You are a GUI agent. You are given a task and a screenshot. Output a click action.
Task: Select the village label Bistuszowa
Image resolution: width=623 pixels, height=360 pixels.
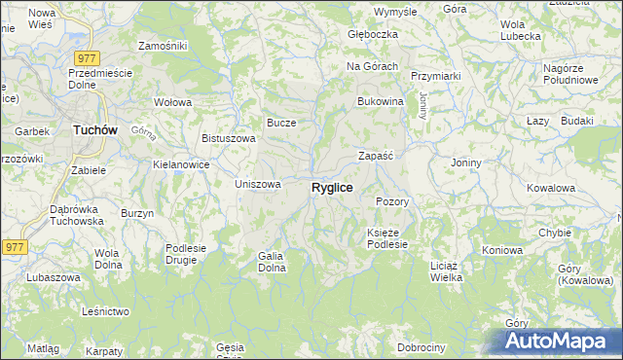(x=228, y=138)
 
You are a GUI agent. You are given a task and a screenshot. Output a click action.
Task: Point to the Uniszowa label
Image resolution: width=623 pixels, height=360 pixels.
(x=258, y=183)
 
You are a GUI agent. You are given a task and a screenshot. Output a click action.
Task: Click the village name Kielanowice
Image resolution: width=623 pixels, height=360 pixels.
(x=182, y=164)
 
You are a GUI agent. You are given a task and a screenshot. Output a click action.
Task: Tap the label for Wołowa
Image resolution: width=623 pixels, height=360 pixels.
(x=173, y=102)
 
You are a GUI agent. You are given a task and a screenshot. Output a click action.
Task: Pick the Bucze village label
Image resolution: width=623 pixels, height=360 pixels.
(x=281, y=123)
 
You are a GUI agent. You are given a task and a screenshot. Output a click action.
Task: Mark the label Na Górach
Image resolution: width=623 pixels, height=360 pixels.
(x=372, y=66)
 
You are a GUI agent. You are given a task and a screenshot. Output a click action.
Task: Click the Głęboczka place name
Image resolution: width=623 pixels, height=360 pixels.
(x=373, y=33)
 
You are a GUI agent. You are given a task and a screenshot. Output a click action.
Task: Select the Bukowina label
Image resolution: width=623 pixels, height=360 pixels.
(x=380, y=101)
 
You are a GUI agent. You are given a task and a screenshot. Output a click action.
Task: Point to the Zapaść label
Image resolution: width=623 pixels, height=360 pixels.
(x=375, y=155)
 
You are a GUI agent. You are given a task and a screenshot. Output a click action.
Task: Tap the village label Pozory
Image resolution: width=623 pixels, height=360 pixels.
(x=391, y=200)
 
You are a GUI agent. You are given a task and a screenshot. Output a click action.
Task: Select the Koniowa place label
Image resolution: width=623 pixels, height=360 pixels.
(x=502, y=250)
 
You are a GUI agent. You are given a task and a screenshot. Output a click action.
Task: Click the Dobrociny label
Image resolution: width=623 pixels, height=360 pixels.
(x=421, y=347)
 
